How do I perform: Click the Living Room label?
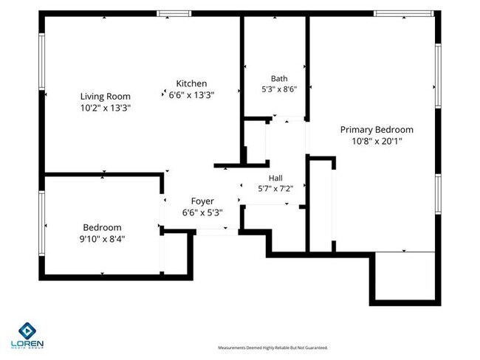point(106,97)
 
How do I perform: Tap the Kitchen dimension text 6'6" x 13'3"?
point(192,95)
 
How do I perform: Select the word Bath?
point(279,79)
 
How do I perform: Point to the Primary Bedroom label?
point(377,130)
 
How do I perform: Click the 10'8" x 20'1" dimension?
point(377,142)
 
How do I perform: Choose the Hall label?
point(275,178)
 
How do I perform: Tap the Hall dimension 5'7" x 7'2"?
point(275,189)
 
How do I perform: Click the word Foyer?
point(202,201)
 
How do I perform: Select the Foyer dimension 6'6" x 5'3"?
point(202,212)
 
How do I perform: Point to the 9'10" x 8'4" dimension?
point(102,239)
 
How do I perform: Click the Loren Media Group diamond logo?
point(27,330)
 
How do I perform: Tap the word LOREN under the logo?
point(27,344)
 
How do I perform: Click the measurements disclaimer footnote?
point(272,347)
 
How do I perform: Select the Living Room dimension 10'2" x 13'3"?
point(106,108)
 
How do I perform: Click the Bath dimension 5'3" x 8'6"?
point(279,89)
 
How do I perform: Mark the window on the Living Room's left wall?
point(41,61)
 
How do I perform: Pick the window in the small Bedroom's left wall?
point(41,224)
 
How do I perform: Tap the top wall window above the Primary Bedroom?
point(404,13)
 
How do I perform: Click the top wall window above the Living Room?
point(174,13)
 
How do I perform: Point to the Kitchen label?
point(192,83)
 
